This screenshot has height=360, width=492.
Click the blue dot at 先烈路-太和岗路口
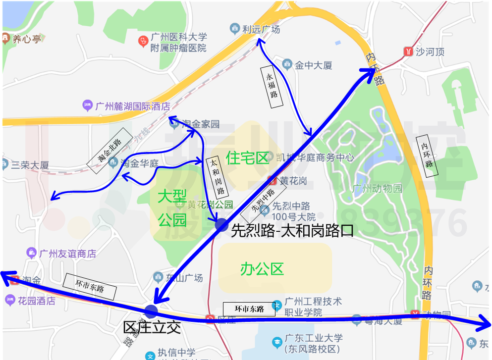coord(222,224)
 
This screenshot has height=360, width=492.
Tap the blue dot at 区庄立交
coord(152,311)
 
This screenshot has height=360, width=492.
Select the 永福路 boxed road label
coord(272,85)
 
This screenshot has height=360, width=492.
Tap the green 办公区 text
coord(262,269)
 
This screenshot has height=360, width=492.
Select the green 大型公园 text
coord(172,208)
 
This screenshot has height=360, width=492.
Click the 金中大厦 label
coord(313,65)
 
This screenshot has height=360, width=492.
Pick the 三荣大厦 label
coord(30,165)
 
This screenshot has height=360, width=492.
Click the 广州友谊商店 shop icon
coord(32,253)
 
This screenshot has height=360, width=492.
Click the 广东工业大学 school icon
coord(277,341)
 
